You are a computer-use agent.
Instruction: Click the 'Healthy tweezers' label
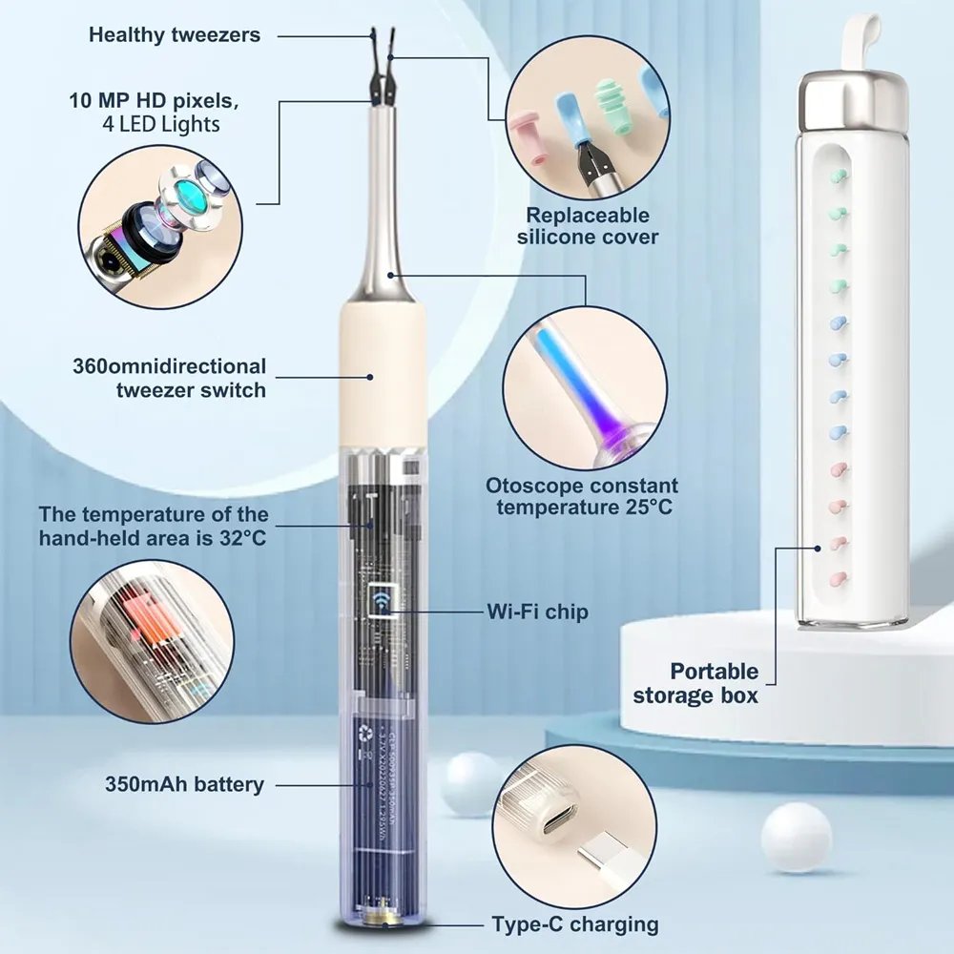tap(175, 34)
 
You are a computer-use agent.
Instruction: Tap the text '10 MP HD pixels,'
tap(154, 100)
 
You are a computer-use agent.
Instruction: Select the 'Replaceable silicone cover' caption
tap(588, 226)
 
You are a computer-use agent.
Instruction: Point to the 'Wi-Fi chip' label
tap(538, 612)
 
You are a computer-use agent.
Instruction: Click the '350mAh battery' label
tap(184, 784)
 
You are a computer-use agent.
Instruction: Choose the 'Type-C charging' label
tap(575, 924)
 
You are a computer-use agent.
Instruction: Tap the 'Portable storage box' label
tap(696, 683)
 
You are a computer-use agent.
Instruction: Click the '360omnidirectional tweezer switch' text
tap(170, 378)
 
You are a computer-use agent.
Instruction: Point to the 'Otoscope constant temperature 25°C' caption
tap(582, 496)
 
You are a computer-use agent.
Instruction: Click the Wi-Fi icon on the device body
tap(383, 600)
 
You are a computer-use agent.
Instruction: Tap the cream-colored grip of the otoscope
tap(383, 375)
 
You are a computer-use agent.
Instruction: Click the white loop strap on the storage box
tap(860, 40)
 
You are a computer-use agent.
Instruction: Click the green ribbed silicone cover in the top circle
tap(612, 102)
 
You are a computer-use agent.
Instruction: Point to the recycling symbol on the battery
tap(365, 732)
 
